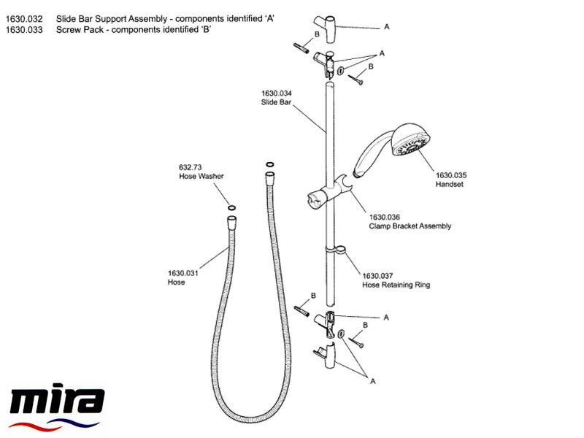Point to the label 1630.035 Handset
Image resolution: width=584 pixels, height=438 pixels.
[450, 180]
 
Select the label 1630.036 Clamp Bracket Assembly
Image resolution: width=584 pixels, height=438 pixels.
[410, 221]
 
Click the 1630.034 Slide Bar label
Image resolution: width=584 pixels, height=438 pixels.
[276, 98]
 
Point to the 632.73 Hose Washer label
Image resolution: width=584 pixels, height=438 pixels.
[201, 172]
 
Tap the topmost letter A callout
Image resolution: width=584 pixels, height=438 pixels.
[386, 26]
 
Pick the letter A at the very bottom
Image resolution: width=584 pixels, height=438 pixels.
[372, 380]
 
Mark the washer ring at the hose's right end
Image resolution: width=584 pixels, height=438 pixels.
[270, 165]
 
